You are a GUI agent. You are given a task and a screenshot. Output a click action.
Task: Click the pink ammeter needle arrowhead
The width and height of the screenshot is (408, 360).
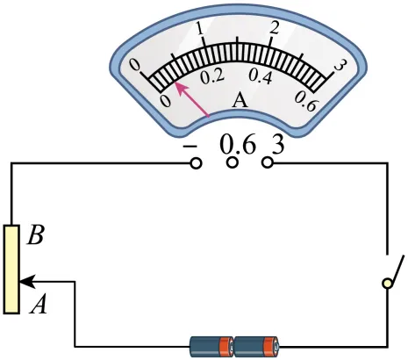click(x=180, y=88)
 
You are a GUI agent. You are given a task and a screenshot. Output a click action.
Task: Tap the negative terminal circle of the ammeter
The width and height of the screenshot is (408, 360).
click(x=196, y=163)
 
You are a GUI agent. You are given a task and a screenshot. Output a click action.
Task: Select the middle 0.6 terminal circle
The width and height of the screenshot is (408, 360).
click(x=233, y=162)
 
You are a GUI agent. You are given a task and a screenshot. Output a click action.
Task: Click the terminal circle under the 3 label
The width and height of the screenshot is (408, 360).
click(x=268, y=162)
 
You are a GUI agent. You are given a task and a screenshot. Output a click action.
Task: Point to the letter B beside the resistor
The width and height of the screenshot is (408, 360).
click(x=36, y=235)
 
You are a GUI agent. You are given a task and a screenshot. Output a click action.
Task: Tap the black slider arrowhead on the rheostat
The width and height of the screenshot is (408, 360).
click(x=27, y=282)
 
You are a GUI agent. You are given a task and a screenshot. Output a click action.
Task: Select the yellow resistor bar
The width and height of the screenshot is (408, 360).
click(x=11, y=270)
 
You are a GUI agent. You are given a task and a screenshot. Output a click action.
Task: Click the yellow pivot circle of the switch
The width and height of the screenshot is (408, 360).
click(x=388, y=283)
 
